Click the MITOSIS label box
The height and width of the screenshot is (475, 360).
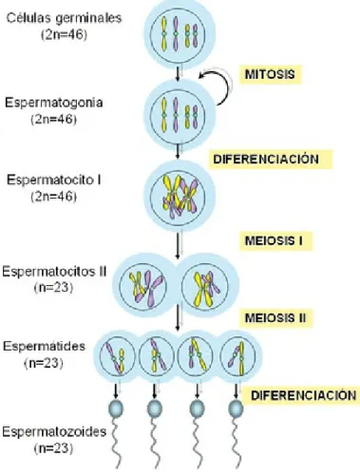tap(270, 74)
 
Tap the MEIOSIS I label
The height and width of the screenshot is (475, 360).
tap(275, 240)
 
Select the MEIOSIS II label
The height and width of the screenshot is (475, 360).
tap(275, 317)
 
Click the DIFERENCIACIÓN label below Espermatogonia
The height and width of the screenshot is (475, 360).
tap(271, 159)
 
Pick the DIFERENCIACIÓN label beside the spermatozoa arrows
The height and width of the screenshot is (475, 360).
tap(303, 395)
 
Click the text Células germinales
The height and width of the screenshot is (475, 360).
tap(64, 18)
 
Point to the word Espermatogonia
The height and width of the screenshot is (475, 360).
tap(54, 103)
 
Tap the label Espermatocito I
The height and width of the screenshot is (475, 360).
tap(54, 180)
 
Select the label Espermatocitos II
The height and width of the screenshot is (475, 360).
tap(54, 272)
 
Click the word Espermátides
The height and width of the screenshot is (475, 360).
tap(44, 346)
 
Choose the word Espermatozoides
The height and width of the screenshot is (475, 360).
tap(54, 432)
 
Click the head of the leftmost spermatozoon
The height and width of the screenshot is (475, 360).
tap(116, 408)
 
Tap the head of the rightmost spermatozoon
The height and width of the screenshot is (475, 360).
tap(236, 408)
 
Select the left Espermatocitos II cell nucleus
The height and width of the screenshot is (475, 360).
tap(142, 287)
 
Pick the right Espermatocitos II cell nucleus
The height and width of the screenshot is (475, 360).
tap(204, 287)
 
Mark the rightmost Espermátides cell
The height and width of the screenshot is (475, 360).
tap(240, 356)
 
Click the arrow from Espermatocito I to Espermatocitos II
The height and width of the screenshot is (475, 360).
tap(178, 245)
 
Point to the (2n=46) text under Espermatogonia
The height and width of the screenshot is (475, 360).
tap(54, 120)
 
